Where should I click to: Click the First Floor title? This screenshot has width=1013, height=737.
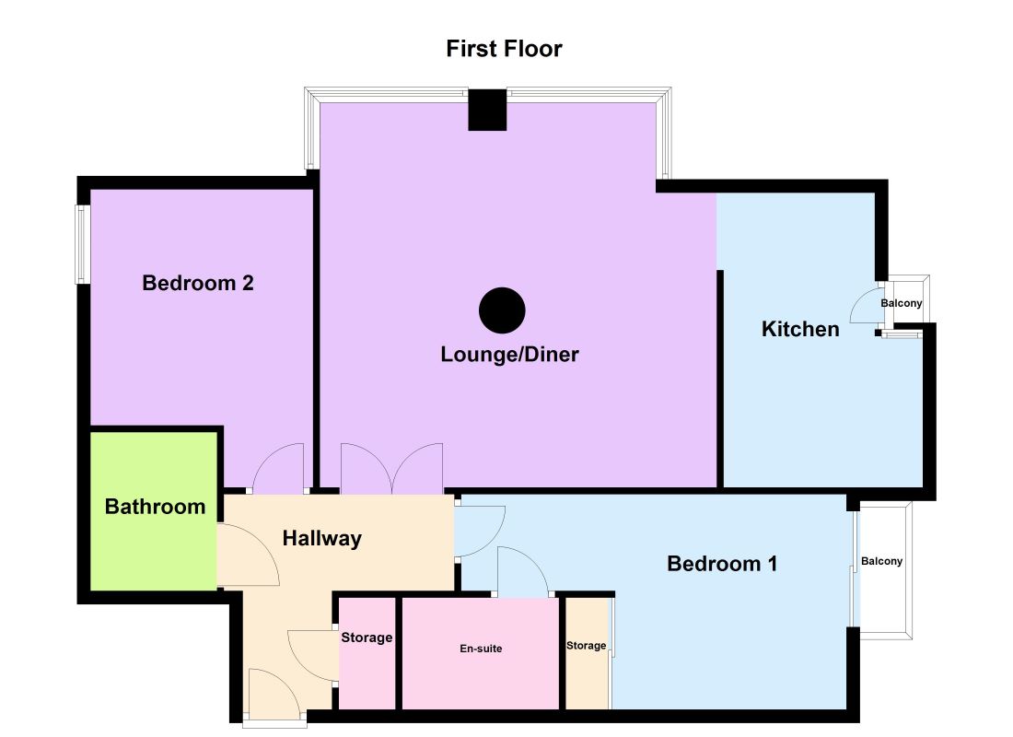504,49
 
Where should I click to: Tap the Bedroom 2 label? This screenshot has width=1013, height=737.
198,283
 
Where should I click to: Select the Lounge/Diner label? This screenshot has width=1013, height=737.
509,354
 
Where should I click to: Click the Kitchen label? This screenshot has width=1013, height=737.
800,329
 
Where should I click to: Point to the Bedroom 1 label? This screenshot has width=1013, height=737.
722,563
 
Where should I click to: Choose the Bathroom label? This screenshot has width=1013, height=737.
155,506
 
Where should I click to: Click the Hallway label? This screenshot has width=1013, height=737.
321,539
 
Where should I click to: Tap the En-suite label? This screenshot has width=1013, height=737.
481,649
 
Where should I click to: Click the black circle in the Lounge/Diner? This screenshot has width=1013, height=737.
502,310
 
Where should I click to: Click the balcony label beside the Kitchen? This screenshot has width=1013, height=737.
900,303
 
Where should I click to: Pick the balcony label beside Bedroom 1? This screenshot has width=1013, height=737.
881,561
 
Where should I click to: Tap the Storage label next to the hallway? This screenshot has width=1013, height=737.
367,638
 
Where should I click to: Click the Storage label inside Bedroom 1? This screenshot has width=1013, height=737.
586,645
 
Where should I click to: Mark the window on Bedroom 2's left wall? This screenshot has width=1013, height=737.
82,244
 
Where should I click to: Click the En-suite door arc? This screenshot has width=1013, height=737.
522,570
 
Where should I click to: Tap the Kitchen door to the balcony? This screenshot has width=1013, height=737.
865,307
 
